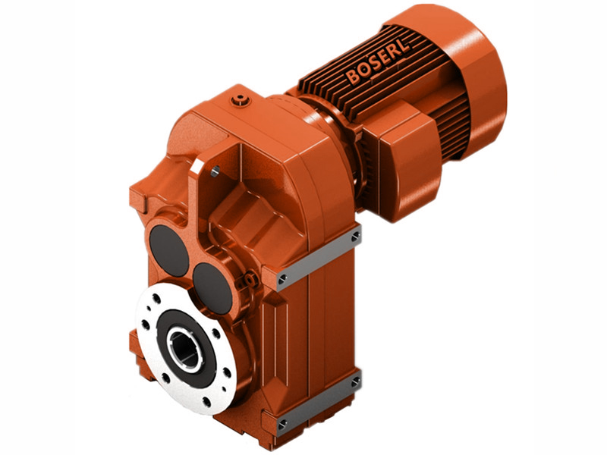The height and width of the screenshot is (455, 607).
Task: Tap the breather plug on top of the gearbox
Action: [241, 98]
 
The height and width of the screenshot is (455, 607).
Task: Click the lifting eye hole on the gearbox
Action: [215, 171]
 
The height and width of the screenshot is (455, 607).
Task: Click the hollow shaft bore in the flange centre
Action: [184, 351]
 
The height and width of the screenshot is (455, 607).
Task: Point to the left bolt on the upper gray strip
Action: [282, 278]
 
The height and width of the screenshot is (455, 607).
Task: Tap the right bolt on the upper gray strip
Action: [355, 237]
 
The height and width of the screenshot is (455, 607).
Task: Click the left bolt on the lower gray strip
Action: [282, 422]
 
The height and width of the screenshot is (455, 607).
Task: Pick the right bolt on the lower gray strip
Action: [354, 381]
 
